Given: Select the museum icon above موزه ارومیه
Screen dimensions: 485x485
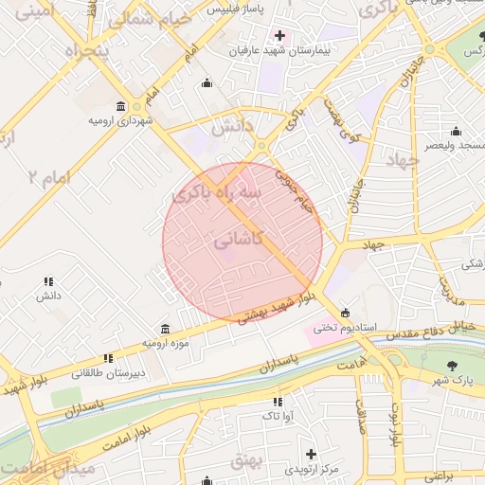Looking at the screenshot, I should (166, 328).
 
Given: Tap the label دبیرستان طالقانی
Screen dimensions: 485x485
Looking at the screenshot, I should (110, 372).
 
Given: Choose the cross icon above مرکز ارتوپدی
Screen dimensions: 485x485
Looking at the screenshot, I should (310, 455).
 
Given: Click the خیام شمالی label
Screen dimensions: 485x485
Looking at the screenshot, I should (150, 18).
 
